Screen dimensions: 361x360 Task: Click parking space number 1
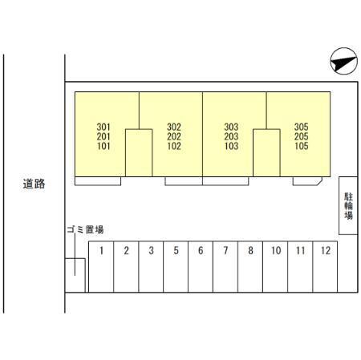pyautogui.click(x=101, y=267)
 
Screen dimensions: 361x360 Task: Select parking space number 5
pyautogui.click(x=176, y=267)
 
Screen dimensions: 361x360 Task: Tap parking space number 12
pyautogui.click(x=325, y=267)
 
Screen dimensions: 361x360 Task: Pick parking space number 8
pyautogui.click(x=250, y=267)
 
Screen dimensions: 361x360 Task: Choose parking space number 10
pyautogui.click(x=275, y=267)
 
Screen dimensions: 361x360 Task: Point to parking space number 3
pyautogui.click(x=151, y=267)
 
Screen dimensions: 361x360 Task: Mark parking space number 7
pyautogui.click(x=225, y=267)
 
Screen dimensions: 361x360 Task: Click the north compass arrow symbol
pyautogui.click(x=343, y=61)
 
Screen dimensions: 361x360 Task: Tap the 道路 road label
pyautogui.click(x=34, y=184)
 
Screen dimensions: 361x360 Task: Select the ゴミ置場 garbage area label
pyautogui.click(x=85, y=229)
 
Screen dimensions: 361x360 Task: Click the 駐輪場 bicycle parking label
pyautogui.click(x=348, y=206)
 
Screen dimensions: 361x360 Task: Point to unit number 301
pyautogui.click(x=103, y=127)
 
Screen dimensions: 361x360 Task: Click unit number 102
pyautogui.click(x=174, y=146)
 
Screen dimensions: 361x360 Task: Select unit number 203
pyautogui.click(x=231, y=136)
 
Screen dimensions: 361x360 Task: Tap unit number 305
pyautogui.click(x=302, y=127)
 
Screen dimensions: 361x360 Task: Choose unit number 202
pyautogui.click(x=174, y=136)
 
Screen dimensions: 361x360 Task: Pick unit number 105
pyautogui.click(x=302, y=146)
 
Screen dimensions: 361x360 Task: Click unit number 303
pyautogui.click(x=231, y=127)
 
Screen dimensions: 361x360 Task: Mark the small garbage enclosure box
pyautogui.click(x=75, y=275)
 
